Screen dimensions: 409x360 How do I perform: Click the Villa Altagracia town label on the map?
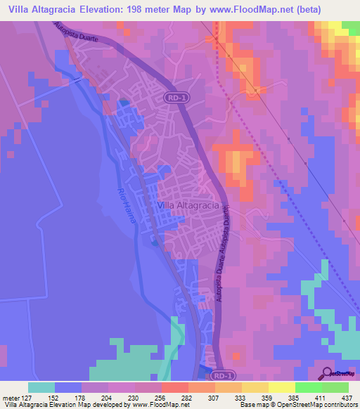pos(189,204)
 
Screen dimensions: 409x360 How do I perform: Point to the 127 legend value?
pos(34,397)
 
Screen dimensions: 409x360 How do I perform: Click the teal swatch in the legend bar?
pos(41,387)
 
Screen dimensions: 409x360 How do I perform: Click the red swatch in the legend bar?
pos(174,387)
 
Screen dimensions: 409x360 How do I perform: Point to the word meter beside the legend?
pos(12,397)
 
